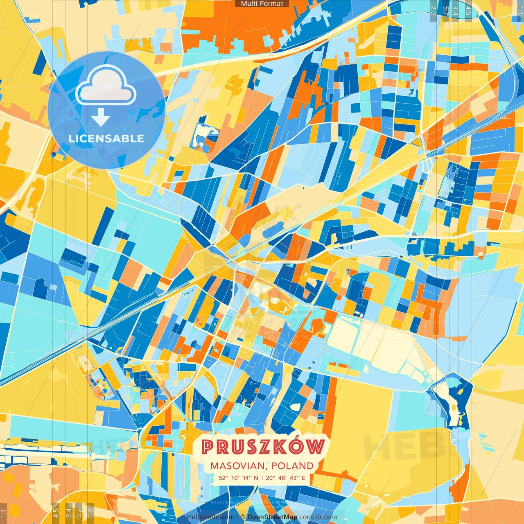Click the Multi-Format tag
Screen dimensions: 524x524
[x=262, y=4]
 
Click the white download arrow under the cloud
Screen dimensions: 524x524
[x=100, y=117]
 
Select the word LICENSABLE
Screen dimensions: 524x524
[x=106, y=138]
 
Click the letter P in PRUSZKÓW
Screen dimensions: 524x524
[x=208, y=447]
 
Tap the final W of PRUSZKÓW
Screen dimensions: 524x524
[x=316, y=447]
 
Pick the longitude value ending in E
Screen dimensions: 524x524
[x=285, y=478]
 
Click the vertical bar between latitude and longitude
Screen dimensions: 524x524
[x=262, y=478]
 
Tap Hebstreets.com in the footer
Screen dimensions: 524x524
[x=211, y=517]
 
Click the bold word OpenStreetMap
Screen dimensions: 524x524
[x=272, y=517]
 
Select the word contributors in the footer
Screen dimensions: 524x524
[x=318, y=517]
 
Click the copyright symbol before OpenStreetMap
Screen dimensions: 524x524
[x=243, y=517]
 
